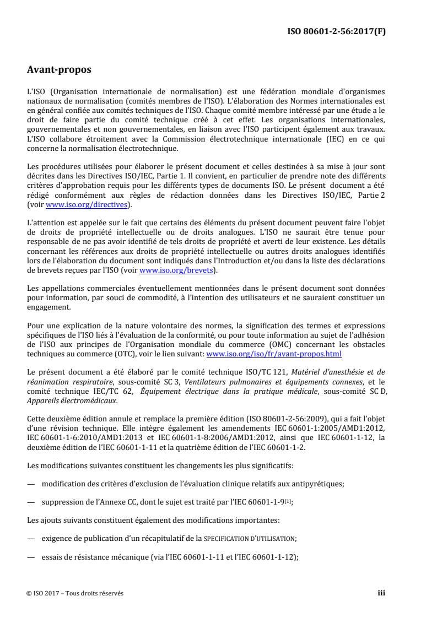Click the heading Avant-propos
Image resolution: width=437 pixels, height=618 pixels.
coord(59,70)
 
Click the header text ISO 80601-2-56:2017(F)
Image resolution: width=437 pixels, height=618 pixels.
coord(336,31)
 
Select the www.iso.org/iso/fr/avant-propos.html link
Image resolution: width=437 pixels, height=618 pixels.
coord(273,354)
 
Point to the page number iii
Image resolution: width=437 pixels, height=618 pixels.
coord(381,593)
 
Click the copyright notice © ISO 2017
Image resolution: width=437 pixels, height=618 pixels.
coord(48,593)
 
